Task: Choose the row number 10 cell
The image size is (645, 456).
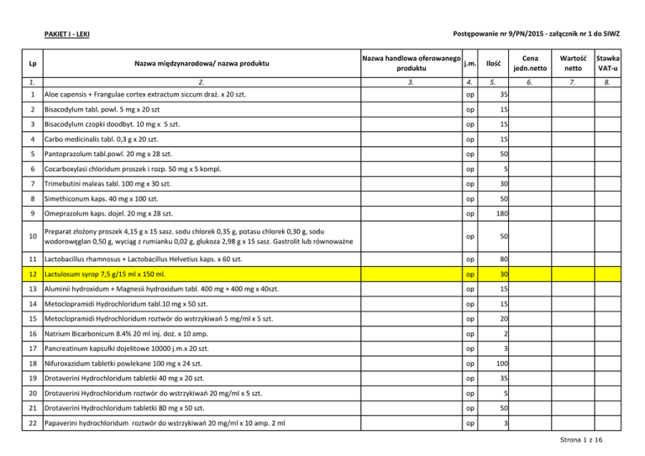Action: coord(29,238)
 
